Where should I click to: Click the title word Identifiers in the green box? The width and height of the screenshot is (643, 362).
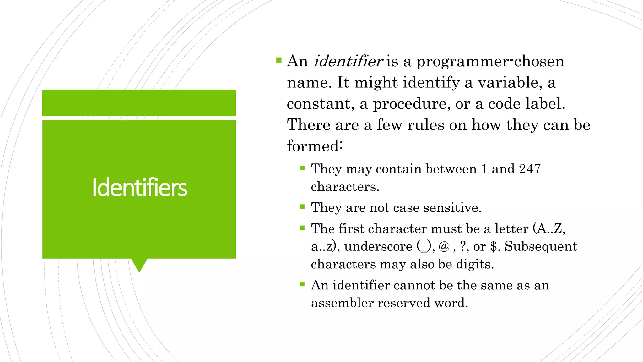tap(140, 188)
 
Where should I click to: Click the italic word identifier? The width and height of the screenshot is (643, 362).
tap(348, 61)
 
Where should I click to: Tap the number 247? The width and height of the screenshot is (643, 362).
tap(530, 169)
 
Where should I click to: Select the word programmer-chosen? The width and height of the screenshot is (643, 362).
tap(490, 61)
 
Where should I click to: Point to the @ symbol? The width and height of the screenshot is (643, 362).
tap(444, 246)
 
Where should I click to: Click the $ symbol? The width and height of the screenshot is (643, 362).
tap(494, 246)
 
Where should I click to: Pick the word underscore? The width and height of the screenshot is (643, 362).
tap(378, 246)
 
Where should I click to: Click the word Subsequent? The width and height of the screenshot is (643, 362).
tap(541, 246)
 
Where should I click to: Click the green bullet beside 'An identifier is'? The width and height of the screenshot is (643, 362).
tap(279, 60)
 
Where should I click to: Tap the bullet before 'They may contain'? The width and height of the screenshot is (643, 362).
tap(302, 168)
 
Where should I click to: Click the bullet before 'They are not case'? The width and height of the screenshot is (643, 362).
tap(302, 207)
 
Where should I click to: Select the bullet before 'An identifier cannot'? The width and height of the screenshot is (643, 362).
tap(302, 284)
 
